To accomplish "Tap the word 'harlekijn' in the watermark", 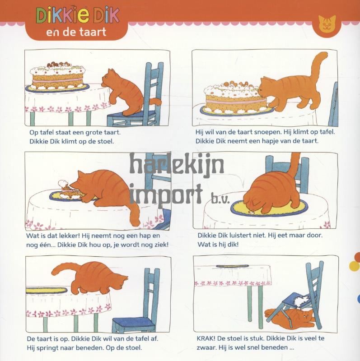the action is point(177,164).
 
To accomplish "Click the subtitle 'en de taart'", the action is point(76,32).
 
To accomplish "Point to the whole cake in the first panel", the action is point(58,76).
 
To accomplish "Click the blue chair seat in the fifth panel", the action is point(132,324).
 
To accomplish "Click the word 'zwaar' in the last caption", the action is point(206,347).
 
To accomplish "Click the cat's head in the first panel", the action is point(108,78).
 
